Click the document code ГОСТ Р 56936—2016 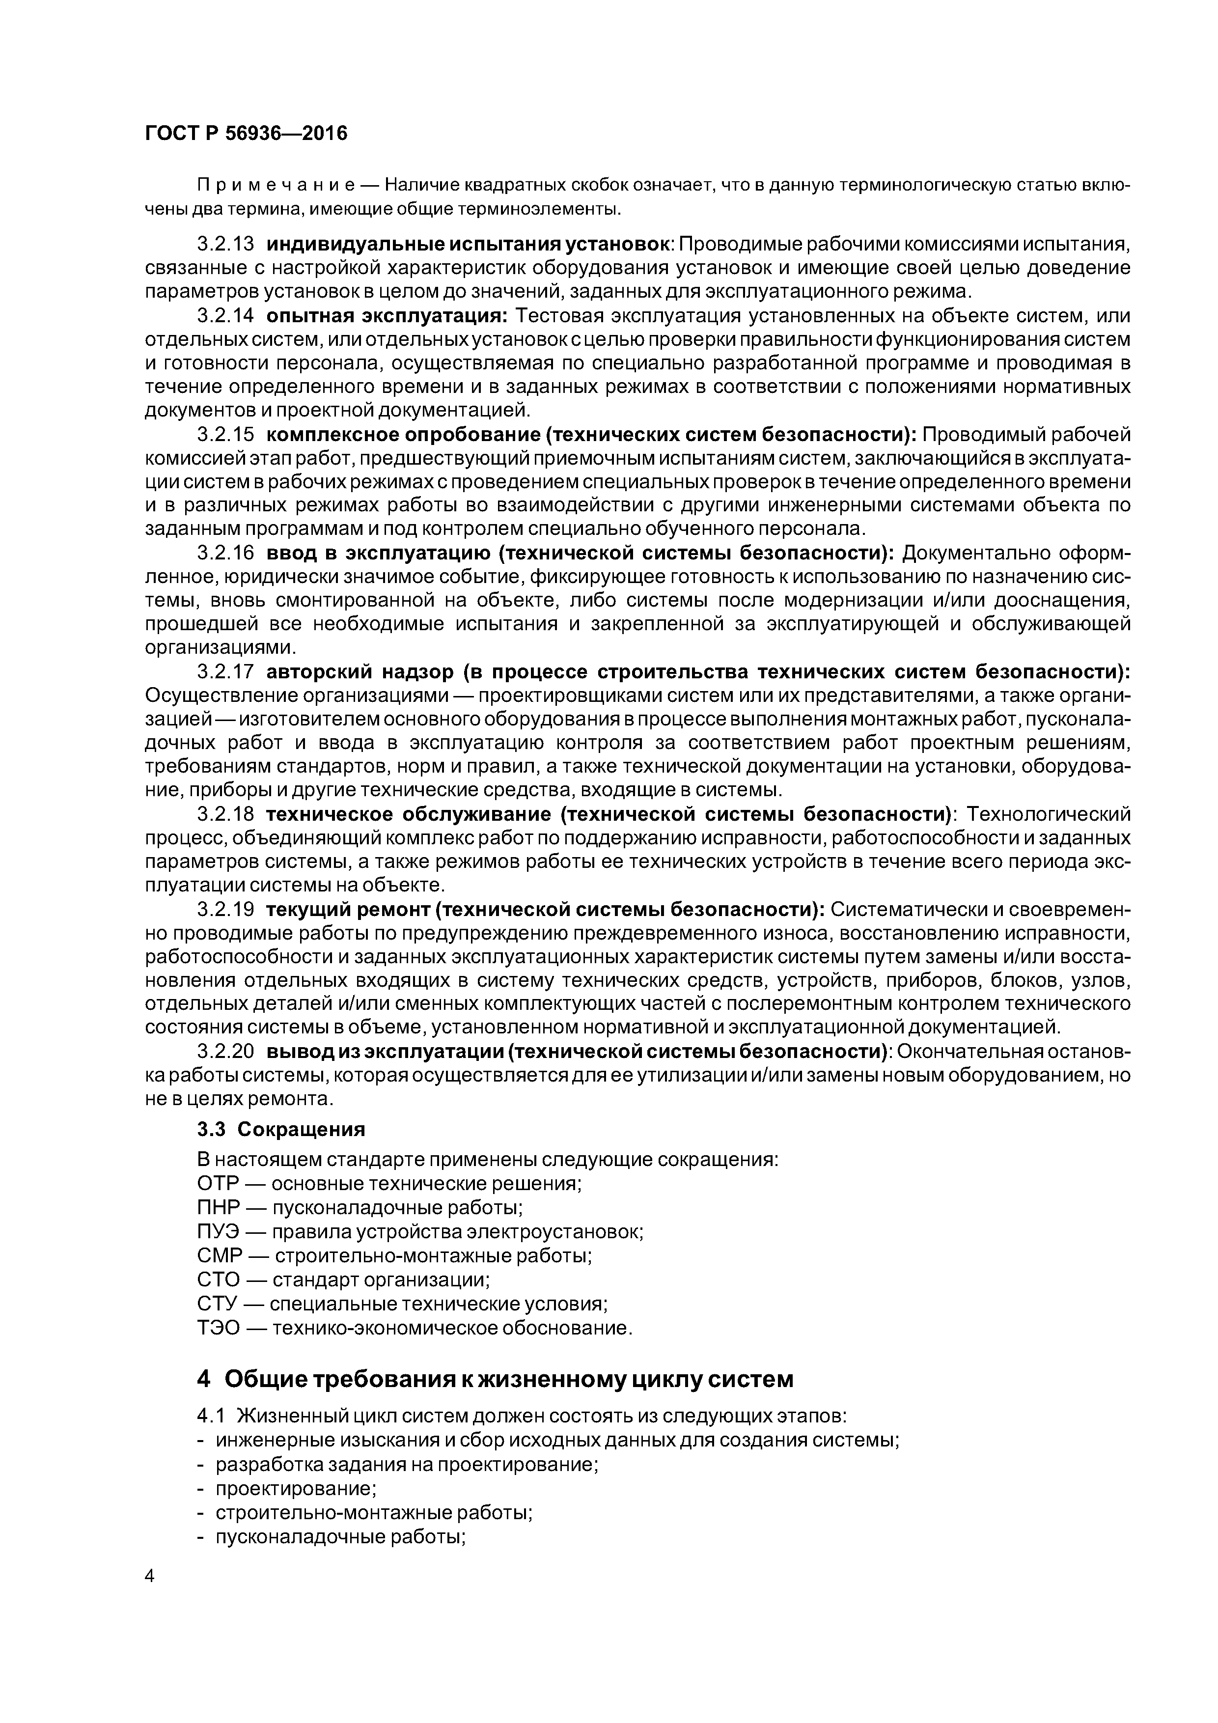[246, 134]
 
